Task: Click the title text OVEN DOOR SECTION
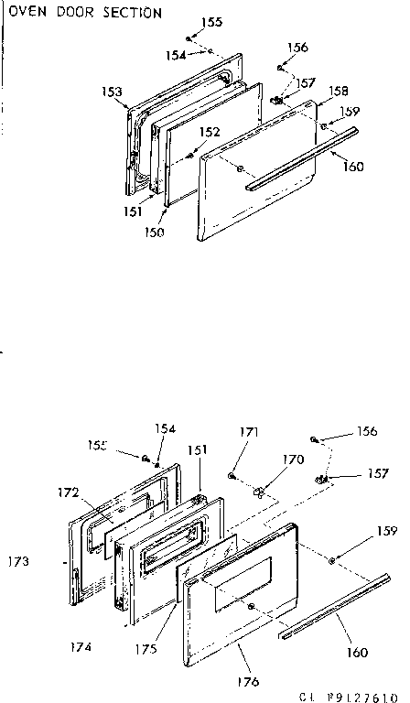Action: coord(86,14)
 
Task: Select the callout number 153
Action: coord(112,92)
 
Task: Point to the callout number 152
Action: coord(210,133)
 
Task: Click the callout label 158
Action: coord(339,92)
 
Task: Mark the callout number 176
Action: coord(248,681)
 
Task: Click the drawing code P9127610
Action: coord(361,695)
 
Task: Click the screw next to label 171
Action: coord(232,476)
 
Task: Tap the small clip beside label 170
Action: coord(260,492)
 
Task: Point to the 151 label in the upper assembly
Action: coord(135,211)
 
